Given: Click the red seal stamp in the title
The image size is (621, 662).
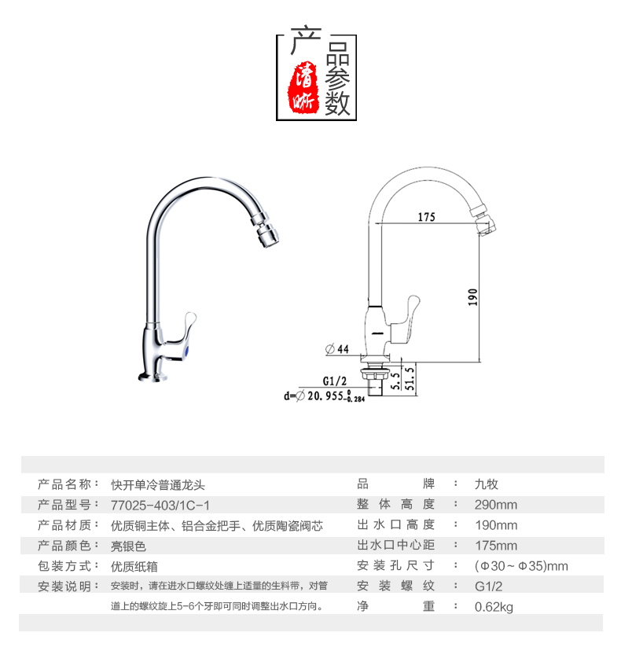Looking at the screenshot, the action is pyautogui.click(x=303, y=87).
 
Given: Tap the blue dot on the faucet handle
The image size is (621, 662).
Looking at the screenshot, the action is pyautogui.click(x=186, y=351).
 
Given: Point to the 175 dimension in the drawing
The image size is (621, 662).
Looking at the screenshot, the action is pyautogui.click(x=426, y=217).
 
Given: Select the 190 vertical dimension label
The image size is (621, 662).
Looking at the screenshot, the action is pyautogui.click(x=472, y=297).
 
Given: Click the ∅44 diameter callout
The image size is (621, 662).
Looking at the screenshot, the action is pyautogui.click(x=337, y=349).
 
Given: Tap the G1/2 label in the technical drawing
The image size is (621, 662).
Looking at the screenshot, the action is pyautogui.click(x=334, y=381).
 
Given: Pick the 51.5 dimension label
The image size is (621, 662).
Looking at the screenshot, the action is pyautogui.click(x=410, y=378).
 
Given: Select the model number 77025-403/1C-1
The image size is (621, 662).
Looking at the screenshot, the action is pyautogui.click(x=160, y=506).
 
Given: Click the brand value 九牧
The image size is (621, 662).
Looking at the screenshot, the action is pyautogui.click(x=487, y=484).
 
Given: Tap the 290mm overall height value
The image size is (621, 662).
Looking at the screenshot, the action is pyautogui.click(x=495, y=505).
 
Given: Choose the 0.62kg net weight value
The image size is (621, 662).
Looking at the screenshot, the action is pyautogui.click(x=494, y=607).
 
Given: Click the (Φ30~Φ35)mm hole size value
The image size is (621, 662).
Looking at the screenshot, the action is pyautogui.click(x=521, y=566).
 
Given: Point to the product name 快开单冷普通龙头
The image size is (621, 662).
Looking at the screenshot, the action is pyautogui.click(x=158, y=485).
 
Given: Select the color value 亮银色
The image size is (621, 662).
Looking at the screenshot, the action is pyautogui.click(x=128, y=546).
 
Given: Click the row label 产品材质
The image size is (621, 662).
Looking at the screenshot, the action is pyautogui.click(x=64, y=525).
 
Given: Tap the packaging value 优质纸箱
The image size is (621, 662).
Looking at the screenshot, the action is pyautogui.click(x=134, y=567).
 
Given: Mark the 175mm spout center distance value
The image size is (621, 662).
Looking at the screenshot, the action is pyautogui.click(x=496, y=546).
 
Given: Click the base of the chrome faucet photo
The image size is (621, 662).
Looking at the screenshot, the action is pyautogui.click(x=152, y=377).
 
